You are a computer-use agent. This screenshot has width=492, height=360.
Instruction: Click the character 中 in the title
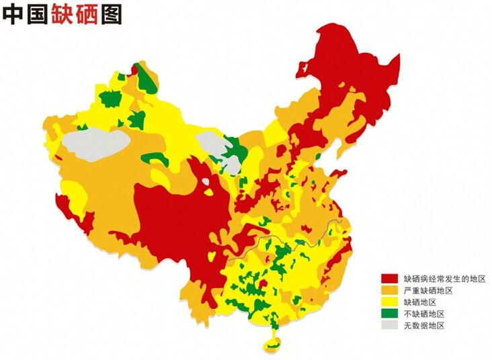[14, 14]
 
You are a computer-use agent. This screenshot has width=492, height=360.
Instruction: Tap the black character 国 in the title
[39, 14]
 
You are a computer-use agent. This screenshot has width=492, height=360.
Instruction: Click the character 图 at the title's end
[112, 14]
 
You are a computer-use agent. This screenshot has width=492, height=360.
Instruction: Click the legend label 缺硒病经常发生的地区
[444, 278]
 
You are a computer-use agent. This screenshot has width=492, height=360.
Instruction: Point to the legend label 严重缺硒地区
[428, 290]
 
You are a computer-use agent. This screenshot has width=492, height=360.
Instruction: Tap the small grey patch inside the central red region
[206, 180]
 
